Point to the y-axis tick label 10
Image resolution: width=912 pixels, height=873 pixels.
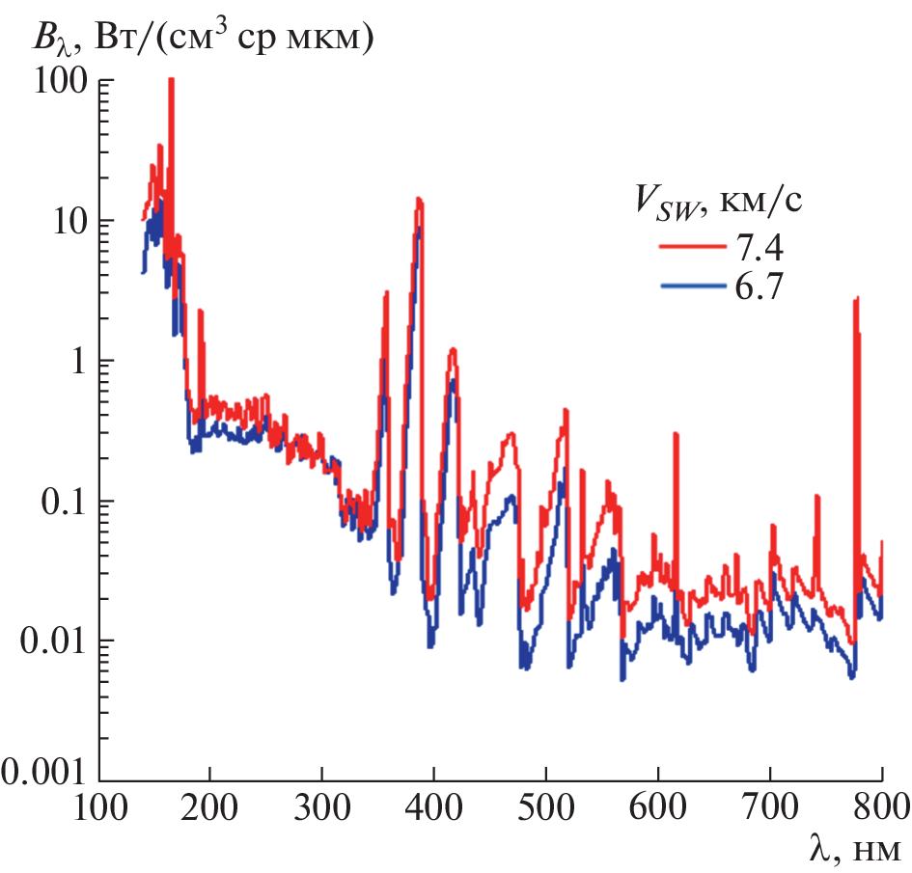(59, 221)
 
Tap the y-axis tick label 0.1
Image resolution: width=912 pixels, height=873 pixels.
(53, 501)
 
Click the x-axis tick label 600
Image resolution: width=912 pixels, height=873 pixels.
(658, 805)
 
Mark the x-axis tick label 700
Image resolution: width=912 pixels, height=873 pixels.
(770, 805)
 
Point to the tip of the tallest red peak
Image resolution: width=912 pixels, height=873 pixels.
(171, 80)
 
